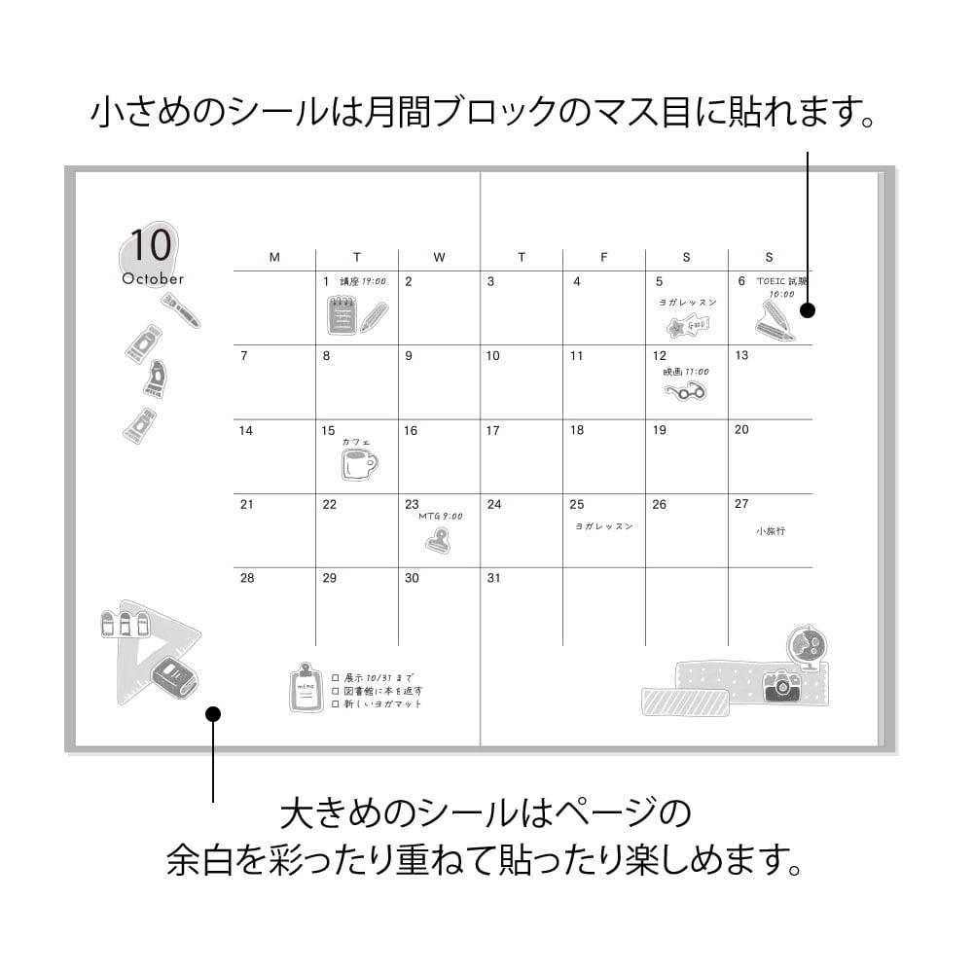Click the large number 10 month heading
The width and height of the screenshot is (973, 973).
pyautogui.click(x=150, y=245)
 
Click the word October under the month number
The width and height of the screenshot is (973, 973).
pyautogui.click(x=153, y=279)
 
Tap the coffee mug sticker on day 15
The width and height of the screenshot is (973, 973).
pyautogui.click(x=358, y=464)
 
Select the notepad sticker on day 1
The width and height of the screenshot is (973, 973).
pyautogui.click(x=342, y=315)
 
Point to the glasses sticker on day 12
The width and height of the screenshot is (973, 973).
pyautogui.click(x=685, y=392)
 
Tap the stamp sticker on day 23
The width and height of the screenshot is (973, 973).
pyautogui.click(x=438, y=540)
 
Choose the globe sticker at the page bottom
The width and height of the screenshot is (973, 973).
pyautogui.click(x=806, y=646)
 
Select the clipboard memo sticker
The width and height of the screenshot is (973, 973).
pyautogui.click(x=306, y=688)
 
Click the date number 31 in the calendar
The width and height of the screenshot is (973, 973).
pyautogui.click(x=493, y=578)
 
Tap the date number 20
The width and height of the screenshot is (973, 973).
pyautogui.click(x=741, y=430)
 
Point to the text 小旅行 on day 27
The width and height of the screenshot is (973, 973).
pyautogui.click(x=770, y=531)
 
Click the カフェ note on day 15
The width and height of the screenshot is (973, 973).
pyautogui.click(x=356, y=442)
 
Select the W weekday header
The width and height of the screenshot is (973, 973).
pyautogui.click(x=439, y=258)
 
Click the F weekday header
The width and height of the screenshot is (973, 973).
pyautogui.click(x=603, y=258)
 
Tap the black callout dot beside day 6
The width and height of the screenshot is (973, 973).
pyautogui.click(x=807, y=310)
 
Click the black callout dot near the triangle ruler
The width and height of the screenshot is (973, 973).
pyautogui.click(x=213, y=714)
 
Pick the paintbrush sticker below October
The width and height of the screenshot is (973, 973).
pyautogui.click(x=181, y=310)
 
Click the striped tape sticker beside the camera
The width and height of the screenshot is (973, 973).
pyautogui.click(x=685, y=702)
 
